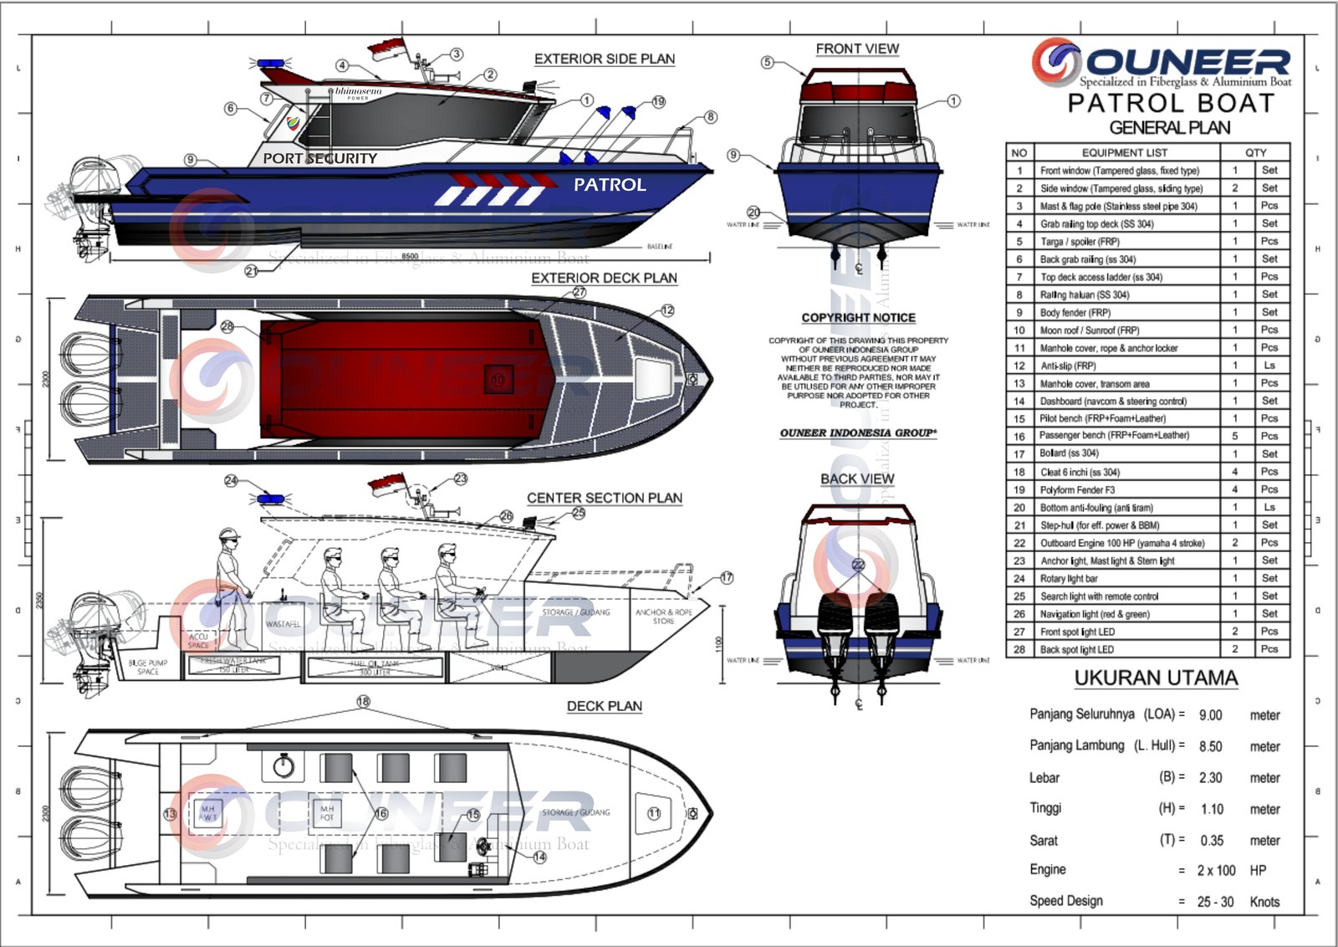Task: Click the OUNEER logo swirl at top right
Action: (x=1056, y=62)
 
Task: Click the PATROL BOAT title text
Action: (x=1171, y=104)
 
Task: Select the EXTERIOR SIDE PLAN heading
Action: (x=605, y=59)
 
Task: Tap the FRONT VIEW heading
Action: (x=857, y=49)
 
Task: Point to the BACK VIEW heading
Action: (x=857, y=479)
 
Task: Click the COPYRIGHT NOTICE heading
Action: (x=858, y=318)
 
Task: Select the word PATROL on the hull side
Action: (x=610, y=185)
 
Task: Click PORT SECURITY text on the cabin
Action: (x=319, y=158)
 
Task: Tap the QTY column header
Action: (x=1255, y=152)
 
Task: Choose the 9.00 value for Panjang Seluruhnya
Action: (x=1210, y=715)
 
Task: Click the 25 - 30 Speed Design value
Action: (x=1215, y=902)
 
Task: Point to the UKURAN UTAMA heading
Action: (x=1156, y=678)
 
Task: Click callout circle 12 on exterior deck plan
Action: (x=667, y=310)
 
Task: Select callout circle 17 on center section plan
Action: (x=727, y=578)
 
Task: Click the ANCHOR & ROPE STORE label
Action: (x=664, y=617)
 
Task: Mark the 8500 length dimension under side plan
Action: (x=410, y=257)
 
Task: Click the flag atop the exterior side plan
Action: (x=386, y=48)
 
